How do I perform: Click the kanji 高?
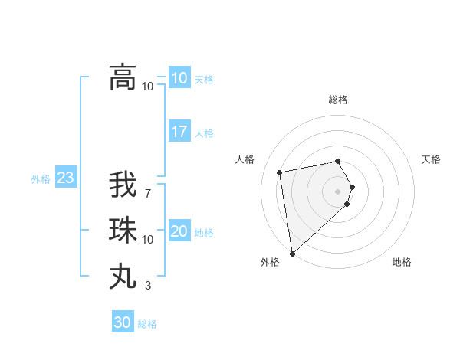tap(123, 77)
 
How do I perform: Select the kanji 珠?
tap(123, 230)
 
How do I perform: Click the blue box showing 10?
tap(179, 78)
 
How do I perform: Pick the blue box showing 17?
tap(179, 132)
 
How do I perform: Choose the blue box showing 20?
tap(179, 231)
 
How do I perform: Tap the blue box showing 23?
tap(65, 178)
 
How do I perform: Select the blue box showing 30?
tap(123, 322)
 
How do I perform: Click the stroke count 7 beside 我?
tap(148, 193)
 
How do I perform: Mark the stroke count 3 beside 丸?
tap(148, 286)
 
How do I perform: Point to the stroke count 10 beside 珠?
tap(148, 240)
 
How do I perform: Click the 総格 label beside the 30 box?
tap(147, 324)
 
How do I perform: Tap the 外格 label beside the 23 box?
tap(41, 179)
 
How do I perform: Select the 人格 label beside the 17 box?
tap(204, 133)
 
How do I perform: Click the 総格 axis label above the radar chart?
tap(338, 100)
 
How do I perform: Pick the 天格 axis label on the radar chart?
tap(431, 159)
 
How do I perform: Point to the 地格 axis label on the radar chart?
tap(402, 262)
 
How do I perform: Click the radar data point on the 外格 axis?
tap(292, 253)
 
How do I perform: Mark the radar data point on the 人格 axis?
tap(280, 172)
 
